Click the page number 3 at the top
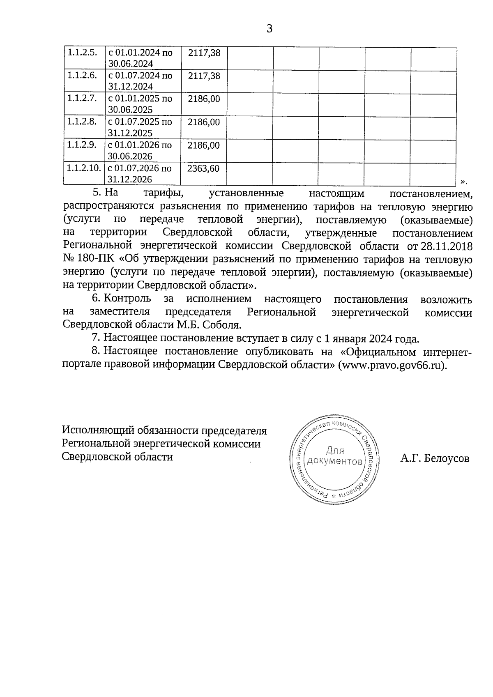[270, 29]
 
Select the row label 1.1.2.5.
[82, 53]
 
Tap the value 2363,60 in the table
[203, 168]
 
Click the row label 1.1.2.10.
[84, 168]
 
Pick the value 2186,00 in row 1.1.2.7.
[204, 99]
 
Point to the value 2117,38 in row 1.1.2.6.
[204, 76]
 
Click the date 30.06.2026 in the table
[130, 156]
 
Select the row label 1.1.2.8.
[82, 122]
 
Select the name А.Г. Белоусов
[435, 458]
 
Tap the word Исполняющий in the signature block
[96, 431]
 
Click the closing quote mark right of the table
[464, 181]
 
